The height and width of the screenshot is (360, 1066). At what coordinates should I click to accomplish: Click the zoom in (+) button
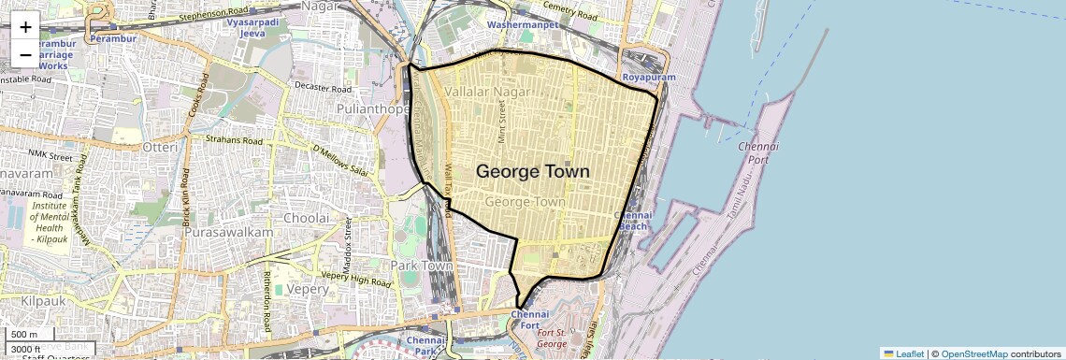25,26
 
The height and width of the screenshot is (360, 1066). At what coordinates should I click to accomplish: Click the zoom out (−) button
25,54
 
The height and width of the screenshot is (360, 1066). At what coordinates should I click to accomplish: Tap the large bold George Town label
533,172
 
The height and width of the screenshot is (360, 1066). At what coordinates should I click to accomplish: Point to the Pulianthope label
374,109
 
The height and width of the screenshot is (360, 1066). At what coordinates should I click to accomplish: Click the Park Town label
422,266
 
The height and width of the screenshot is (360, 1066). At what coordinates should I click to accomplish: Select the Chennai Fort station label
530,320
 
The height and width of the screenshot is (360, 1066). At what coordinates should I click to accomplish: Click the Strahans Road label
235,140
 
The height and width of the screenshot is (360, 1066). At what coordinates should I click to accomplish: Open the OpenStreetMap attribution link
973,353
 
